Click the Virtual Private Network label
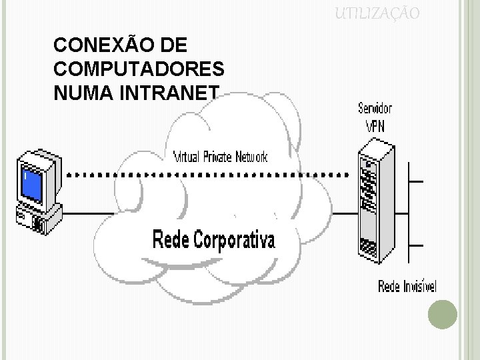[x=220, y=158]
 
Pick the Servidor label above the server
[x=375, y=108]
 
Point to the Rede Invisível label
[x=407, y=287]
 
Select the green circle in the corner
[x=442, y=314]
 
